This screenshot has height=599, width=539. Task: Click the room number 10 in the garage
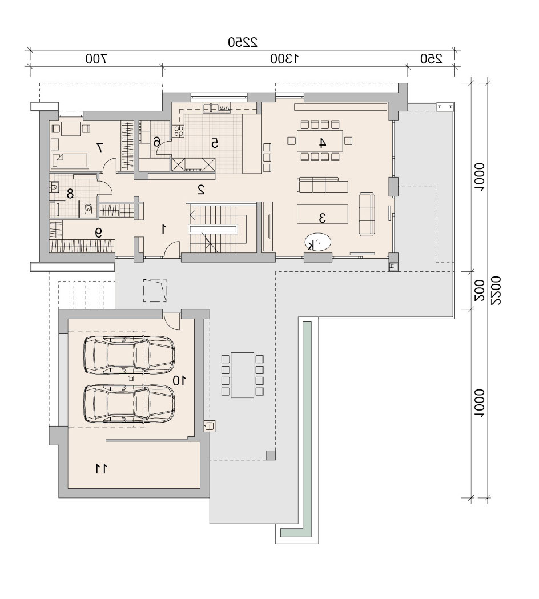[x=179, y=380]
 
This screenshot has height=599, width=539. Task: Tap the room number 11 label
[x=101, y=469]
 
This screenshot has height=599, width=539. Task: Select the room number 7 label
[x=99, y=147]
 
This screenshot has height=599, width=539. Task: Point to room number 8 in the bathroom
[x=70, y=194]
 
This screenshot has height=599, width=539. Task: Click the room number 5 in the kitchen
[x=215, y=143]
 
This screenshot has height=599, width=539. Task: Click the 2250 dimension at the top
[x=243, y=42]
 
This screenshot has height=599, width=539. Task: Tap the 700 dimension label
[x=96, y=59]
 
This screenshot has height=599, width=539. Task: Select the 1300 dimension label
[x=284, y=59]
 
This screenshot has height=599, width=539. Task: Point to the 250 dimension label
[x=431, y=59]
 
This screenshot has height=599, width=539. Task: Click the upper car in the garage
[x=129, y=355]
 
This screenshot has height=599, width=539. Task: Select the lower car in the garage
[x=129, y=403]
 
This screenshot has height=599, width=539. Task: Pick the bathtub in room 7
[x=70, y=160]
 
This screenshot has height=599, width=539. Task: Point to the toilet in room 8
[x=89, y=209]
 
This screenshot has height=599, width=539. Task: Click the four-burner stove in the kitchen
[x=178, y=131]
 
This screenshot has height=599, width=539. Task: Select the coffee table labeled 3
[x=323, y=214]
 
